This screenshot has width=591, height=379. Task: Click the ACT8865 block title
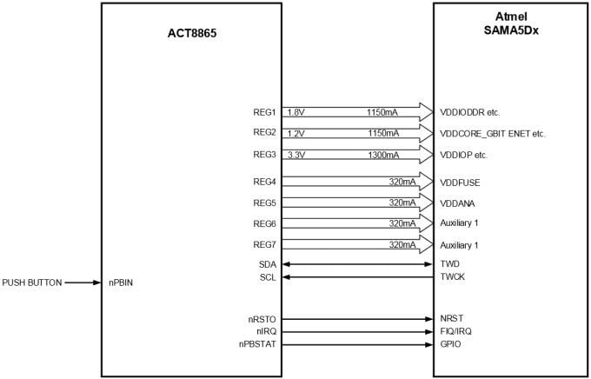[x=191, y=35]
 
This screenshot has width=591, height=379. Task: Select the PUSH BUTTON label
[x=31, y=283]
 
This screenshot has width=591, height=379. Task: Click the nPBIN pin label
[x=121, y=283]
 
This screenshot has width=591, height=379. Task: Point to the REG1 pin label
[x=263, y=112]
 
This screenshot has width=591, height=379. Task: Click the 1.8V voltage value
[x=296, y=112]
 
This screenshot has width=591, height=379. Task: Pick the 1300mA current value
[x=382, y=155]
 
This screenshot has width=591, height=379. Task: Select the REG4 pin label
[x=263, y=183]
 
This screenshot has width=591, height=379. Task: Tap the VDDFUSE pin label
[x=461, y=183]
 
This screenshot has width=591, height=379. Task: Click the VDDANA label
[x=458, y=203]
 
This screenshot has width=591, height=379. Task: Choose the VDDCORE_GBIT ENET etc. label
[x=492, y=134]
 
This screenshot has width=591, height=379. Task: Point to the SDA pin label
[x=267, y=263]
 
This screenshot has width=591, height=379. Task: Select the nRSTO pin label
[x=262, y=319]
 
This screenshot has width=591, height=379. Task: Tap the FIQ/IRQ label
[x=456, y=331]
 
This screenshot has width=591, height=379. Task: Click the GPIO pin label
[x=450, y=344]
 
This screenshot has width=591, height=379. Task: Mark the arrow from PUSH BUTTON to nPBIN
[x=83, y=283]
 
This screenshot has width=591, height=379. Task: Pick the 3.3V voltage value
[x=296, y=155]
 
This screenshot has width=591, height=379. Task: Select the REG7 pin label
[x=263, y=245]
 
